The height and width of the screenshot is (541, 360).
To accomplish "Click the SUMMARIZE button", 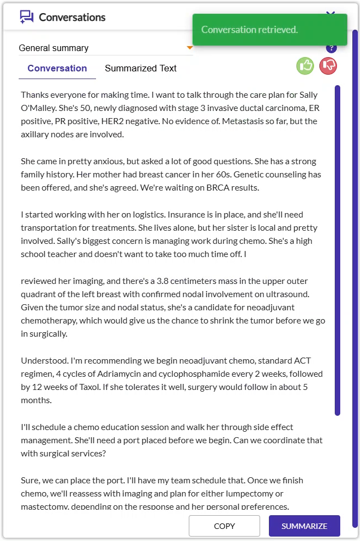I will click(x=304, y=526).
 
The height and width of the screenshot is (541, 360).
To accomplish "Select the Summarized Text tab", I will click(x=140, y=68).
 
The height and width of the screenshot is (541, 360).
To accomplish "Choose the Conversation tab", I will click(x=57, y=68).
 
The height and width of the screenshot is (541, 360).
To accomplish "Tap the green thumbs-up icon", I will click(x=305, y=66).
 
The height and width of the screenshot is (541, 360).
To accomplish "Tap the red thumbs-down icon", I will click(x=328, y=66).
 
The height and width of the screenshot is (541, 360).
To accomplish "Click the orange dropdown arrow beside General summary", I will click(x=190, y=48).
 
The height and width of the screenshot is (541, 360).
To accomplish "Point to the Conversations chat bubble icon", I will click(x=26, y=17).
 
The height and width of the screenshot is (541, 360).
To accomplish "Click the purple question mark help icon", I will click(x=331, y=48).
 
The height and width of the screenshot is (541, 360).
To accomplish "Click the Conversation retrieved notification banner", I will click(x=270, y=30).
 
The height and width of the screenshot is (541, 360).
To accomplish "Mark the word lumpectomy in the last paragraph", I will click(x=251, y=494).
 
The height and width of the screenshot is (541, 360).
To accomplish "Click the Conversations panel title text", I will click(x=72, y=17).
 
